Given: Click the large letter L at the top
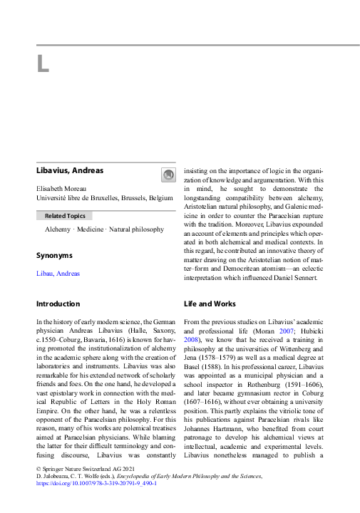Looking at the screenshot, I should coord(43,64).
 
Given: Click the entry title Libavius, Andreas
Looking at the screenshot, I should coord(70,170).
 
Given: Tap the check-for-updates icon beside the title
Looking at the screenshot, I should coord(168,175).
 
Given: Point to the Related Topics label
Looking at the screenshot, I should coord(65,215).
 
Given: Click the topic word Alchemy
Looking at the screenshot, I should coord(58,229).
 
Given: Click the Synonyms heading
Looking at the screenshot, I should coord(54,254).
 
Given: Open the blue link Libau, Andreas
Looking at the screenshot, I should coord(58,274).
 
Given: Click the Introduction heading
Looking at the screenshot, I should coord(58,304).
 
